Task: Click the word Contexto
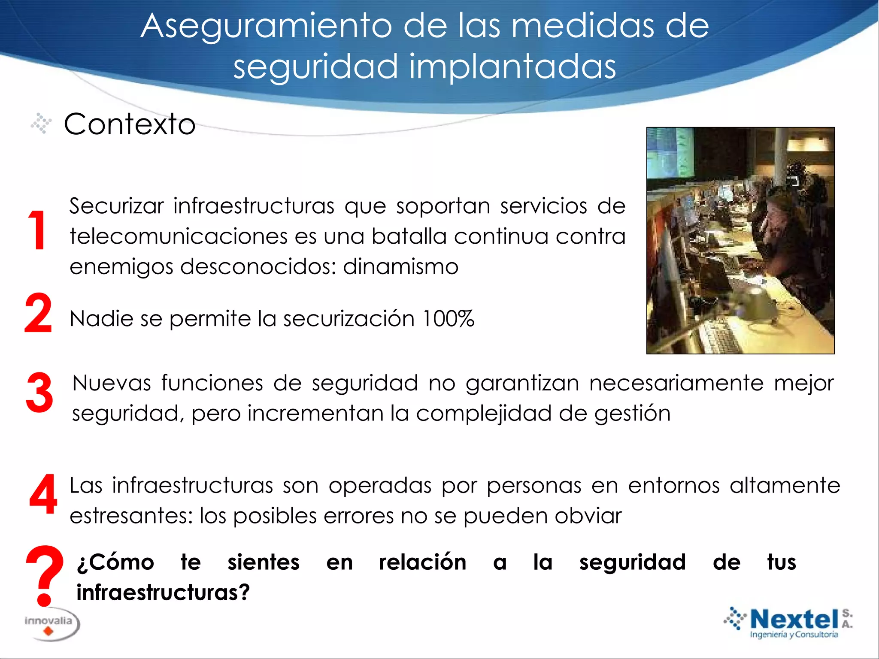130,124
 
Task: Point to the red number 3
39,392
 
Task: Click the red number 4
43,494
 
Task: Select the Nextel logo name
794,619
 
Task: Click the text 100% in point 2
448,319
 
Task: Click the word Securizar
117,206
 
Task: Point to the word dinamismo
400,267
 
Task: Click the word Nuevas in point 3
112,383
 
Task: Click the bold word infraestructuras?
163,592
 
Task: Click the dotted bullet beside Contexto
41,124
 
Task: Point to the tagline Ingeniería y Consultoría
794,635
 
